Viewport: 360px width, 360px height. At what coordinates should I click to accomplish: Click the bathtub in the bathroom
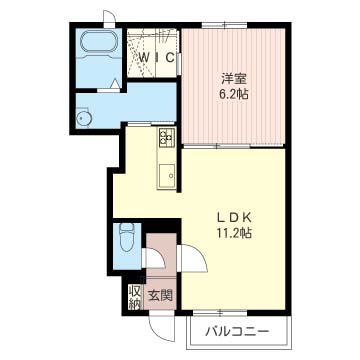pyautogui.click(x=99, y=42)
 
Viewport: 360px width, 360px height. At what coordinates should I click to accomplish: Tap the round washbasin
pyautogui.click(x=83, y=117)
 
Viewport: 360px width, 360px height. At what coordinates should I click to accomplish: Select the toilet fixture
pyautogui.click(x=126, y=237)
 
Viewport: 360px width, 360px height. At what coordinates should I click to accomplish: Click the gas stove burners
pyautogui.click(x=167, y=138)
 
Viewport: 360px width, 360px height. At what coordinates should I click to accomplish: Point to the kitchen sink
pyautogui.click(x=167, y=176)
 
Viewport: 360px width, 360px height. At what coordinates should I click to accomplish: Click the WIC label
pyautogui.click(x=157, y=58)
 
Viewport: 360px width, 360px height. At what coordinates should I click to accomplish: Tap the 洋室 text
pyautogui.click(x=234, y=79)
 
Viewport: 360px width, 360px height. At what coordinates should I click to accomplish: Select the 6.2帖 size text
pyautogui.click(x=233, y=95)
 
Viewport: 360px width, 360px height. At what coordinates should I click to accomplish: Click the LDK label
pyautogui.click(x=234, y=218)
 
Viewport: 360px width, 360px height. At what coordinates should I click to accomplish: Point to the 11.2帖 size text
pyautogui.click(x=234, y=233)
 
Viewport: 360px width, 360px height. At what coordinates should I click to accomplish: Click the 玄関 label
pyautogui.click(x=160, y=296)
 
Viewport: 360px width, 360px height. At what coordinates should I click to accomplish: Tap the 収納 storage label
pyautogui.click(x=134, y=298)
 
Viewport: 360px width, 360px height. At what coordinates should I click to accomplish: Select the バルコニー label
pyautogui.click(x=237, y=331)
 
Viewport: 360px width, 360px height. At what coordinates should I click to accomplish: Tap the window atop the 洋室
pyautogui.click(x=224, y=25)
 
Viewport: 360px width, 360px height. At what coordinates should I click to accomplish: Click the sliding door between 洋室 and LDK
pyautogui.click(x=217, y=146)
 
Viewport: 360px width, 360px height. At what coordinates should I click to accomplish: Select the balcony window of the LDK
pyautogui.click(x=220, y=313)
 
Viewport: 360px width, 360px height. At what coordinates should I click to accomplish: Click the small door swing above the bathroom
pyautogui.click(x=109, y=18)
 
